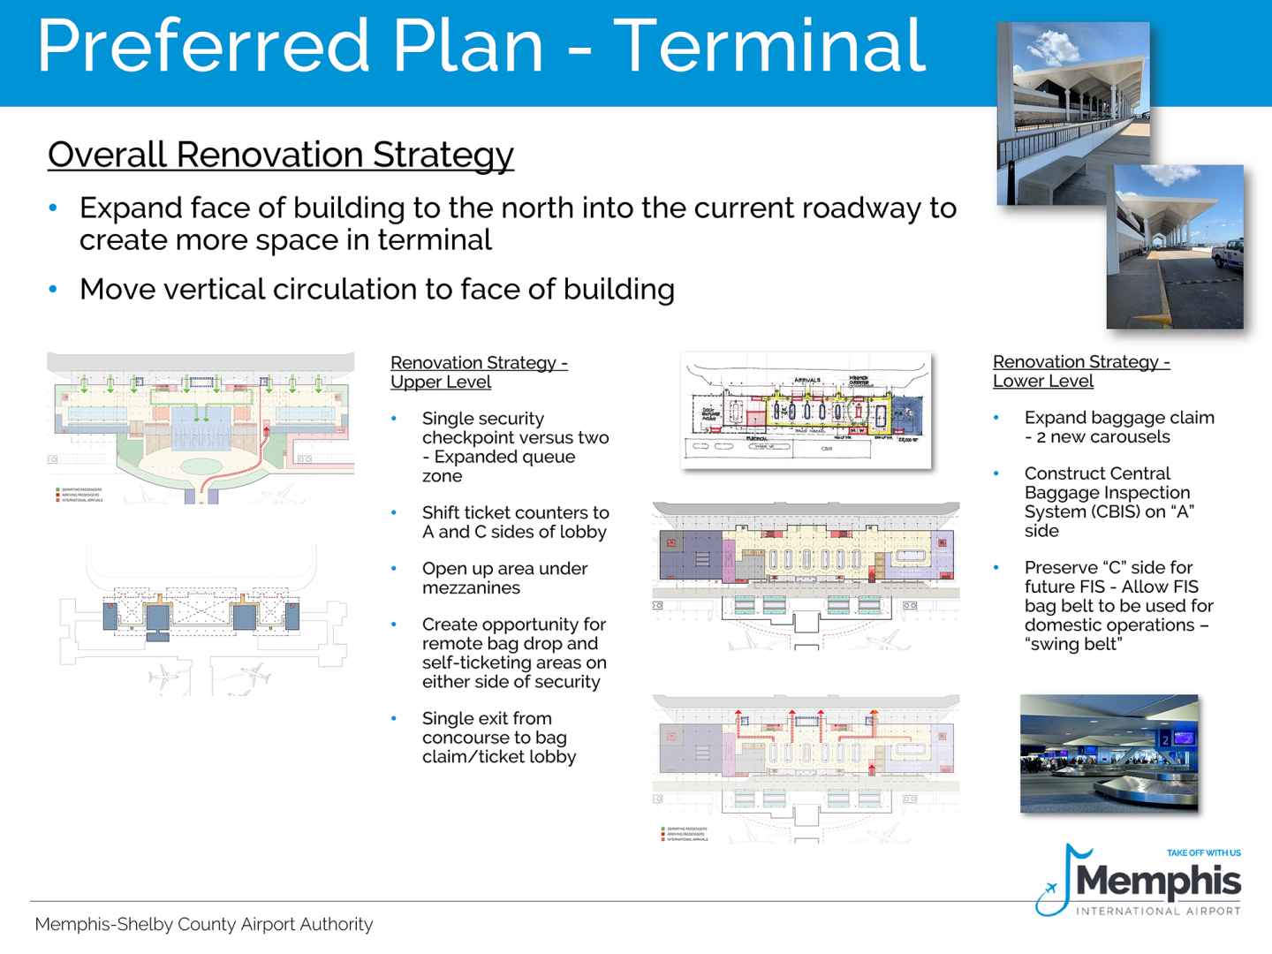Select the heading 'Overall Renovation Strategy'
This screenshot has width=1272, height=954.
(280, 155)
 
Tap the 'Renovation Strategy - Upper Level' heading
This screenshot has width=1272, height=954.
(478, 372)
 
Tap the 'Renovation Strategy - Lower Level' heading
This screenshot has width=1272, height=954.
(1080, 371)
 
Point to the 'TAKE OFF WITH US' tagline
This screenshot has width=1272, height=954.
(1203, 853)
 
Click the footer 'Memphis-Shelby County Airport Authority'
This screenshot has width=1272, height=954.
(204, 924)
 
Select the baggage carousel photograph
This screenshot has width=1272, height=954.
(1109, 753)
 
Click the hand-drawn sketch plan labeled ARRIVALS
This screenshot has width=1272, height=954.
(806, 410)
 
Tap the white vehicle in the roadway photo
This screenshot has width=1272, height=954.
(1229, 254)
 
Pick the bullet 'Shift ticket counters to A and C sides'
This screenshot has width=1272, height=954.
(515, 522)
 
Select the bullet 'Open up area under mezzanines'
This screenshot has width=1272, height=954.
(504, 578)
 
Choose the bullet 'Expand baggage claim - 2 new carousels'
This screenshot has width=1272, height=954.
(1118, 427)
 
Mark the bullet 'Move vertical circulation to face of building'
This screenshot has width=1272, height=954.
(376, 289)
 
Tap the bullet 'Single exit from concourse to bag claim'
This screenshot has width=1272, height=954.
(498, 738)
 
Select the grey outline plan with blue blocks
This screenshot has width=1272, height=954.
(201, 618)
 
